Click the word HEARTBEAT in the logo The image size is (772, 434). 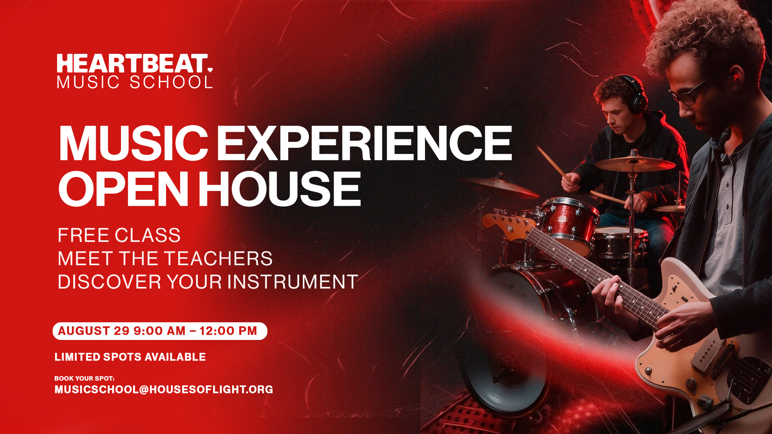coord(132,64)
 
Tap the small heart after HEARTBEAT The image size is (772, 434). coord(210,70)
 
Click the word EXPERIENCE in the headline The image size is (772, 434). coord(364,143)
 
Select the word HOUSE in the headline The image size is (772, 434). coord(280,188)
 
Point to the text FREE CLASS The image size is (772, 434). coord(119,235)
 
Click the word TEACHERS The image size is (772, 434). coord(218,258)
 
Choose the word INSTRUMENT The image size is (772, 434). coord(293,282)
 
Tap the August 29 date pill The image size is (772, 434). coord(160,331)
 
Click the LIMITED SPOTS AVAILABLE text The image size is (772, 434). coord(130,357)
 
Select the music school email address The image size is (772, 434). coord(164,389)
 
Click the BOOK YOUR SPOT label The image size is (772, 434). coord(84,378)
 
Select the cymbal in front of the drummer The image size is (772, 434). coord(635,164)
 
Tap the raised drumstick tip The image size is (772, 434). coord(538,147)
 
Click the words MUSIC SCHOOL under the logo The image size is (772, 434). coord(135,82)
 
